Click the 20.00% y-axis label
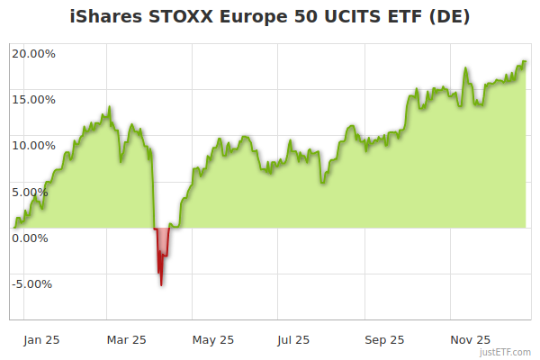[33, 53]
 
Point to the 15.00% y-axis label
[33, 99]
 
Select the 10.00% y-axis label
[33, 145]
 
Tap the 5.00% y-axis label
[30, 192]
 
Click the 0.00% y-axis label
[30, 238]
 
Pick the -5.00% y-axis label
[31, 284]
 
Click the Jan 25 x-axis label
[41, 340]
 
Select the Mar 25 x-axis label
[126, 340]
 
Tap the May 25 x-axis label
[213, 340]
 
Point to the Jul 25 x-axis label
[293, 340]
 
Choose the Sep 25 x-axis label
[384, 340]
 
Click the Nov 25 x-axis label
[470, 340]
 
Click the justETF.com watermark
[506, 353]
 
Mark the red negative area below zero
[162, 245]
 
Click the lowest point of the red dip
[161, 285]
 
